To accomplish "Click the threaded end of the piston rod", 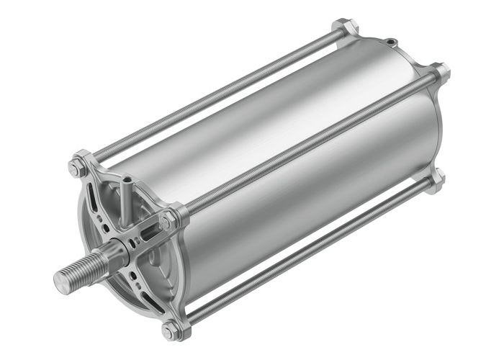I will pos(79,269).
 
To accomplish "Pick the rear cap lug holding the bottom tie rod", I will pos(436,180).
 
